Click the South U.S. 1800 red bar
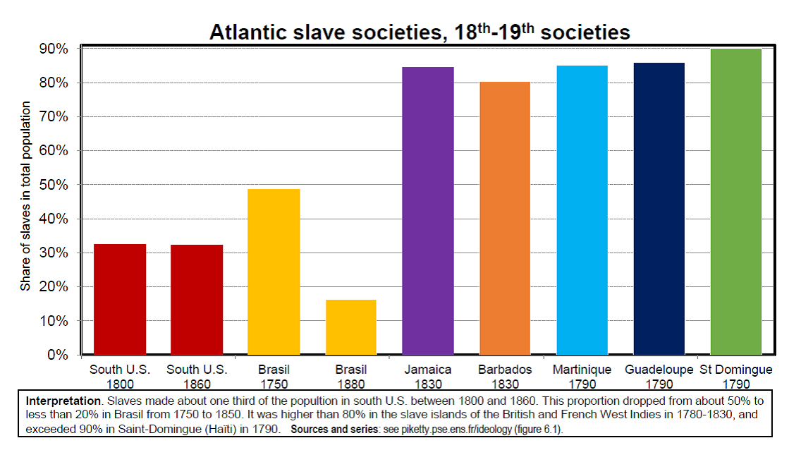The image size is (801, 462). [x=120, y=300]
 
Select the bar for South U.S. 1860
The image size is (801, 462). [x=197, y=300]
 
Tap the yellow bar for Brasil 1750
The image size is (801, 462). [x=274, y=272]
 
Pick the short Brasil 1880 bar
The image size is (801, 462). [x=351, y=327]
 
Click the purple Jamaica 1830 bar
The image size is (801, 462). [x=428, y=211]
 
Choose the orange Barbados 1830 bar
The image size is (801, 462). [x=505, y=218]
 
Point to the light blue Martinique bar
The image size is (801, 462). [x=582, y=210]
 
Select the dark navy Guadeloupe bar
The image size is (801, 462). [x=659, y=209]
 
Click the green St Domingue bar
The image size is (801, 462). [x=736, y=202]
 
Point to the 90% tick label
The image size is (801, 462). [x=54, y=49]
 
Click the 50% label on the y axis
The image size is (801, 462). [x=54, y=185]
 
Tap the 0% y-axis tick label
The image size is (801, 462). [x=57, y=355]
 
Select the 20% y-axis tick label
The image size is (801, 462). [x=54, y=286]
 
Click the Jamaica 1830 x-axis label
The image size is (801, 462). [x=428, y=377]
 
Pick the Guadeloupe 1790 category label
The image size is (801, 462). [x=659, y=377]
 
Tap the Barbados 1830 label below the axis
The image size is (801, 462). [x=505, y=377]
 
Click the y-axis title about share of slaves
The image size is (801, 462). [x=25, y=196]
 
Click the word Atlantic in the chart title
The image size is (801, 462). [x=248, y=32]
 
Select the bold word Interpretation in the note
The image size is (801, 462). [x=63, y=401]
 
